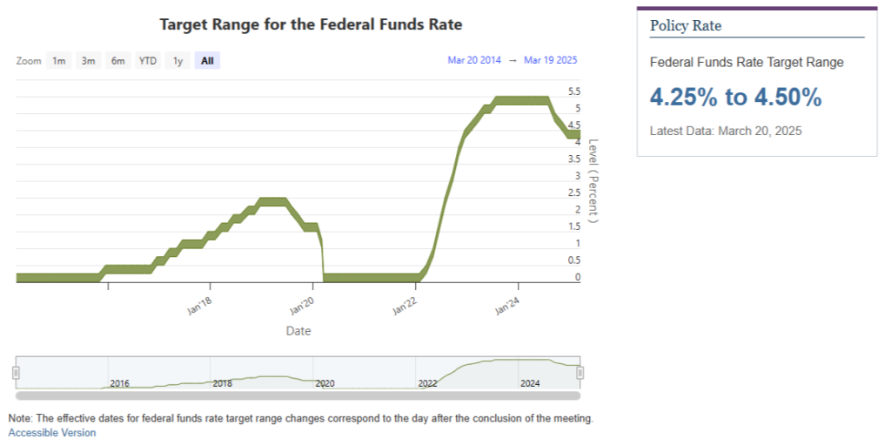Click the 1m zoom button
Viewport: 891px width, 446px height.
pos(59,61)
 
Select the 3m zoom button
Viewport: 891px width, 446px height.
pos(88,61)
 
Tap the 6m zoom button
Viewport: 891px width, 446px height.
pos(117,61)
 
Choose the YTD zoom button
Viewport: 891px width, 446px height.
pos(148,61)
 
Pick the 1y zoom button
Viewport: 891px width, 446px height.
pos(178,61)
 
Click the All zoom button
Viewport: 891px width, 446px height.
pos(207,61)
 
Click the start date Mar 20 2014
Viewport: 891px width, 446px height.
pos(474,60)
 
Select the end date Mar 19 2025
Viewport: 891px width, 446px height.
pos(551,60)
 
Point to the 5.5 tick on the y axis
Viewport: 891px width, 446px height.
pos(574,91)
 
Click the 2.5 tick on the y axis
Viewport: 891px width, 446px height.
pos(574,193)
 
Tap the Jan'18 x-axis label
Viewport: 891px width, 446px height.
pos(201,307)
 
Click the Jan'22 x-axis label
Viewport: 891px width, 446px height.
pos(406,307)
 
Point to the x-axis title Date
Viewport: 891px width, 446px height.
pos(298,331)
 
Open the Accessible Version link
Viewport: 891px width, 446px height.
pos(52,433)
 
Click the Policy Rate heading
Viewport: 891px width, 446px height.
pos(686,26)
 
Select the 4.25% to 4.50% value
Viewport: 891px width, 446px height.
pos(735,98)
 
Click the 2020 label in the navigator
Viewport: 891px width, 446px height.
pos(325,383)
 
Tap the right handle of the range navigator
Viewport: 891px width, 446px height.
pos(579,373)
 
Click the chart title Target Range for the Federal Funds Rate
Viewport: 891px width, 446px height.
pos(311,24)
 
